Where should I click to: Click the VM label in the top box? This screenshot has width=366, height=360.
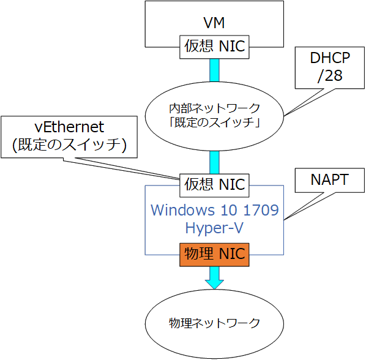(214, 23)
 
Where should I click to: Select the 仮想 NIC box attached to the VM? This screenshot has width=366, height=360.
(214, 47)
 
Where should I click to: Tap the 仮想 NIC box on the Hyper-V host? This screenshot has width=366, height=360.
(214, 186)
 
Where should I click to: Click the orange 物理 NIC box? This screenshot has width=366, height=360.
(214, 255)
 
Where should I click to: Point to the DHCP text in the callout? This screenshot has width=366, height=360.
(330, 58)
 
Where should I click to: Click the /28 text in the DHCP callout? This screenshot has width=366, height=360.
(330, 75)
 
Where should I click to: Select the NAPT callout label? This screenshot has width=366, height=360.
(330, 179)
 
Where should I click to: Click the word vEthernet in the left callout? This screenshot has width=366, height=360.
(69, 127)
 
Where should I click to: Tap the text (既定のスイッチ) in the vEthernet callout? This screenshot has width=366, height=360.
(69, 144)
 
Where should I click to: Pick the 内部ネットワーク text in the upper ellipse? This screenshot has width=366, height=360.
(214, 108)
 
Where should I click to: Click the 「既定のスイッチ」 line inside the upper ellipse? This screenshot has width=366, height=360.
(214, 122)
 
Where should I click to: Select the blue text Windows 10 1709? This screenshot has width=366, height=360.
(214, 210)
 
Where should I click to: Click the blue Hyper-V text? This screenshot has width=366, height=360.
(214, 228)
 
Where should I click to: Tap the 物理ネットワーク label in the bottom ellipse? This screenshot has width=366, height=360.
(214, 323)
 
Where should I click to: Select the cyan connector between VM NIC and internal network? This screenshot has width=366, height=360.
(214, 70)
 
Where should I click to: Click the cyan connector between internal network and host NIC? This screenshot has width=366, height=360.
(214, 162)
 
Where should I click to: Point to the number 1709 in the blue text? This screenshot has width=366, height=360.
(261, 210)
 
